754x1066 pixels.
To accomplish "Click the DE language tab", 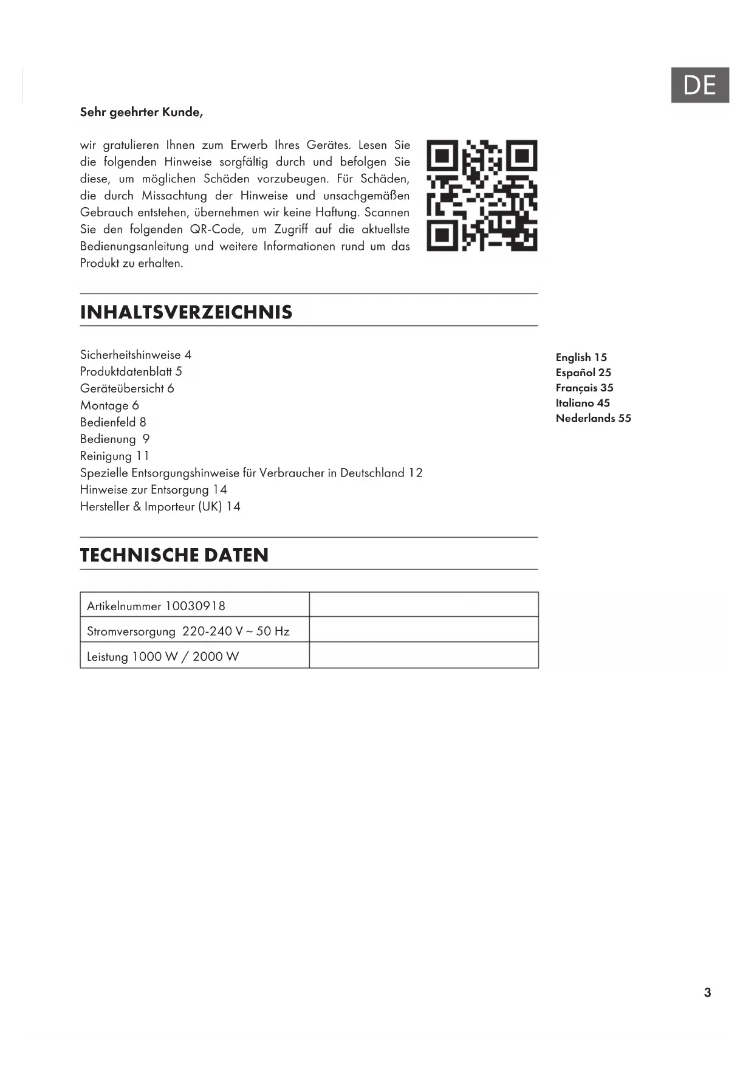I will click(x=699, y=85).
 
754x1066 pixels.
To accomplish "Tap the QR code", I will click(x=482, y=196).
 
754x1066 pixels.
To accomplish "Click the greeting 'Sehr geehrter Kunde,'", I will click(x=141, y=112).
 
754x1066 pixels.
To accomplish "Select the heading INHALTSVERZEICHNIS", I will click(x=186, y=312).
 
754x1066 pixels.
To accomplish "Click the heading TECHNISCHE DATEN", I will click(x=174, y=555).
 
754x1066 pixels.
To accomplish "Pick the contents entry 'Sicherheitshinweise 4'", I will click(x=135, y=355).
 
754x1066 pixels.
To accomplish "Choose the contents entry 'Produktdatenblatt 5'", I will click(x=131, y=371).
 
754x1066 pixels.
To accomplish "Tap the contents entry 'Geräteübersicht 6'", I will click(x=127, y=388).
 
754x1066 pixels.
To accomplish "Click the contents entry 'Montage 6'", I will click(x=109, y=405).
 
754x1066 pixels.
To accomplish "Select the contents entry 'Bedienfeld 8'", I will click(x=113, y=422).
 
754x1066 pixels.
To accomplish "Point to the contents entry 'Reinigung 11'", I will click(x=114, y=456).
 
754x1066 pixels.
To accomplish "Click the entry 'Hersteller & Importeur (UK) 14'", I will click(x=160, y=506).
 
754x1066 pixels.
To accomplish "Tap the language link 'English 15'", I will click(x=581, y=357).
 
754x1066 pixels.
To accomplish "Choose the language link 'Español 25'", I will click(x=583, y=373).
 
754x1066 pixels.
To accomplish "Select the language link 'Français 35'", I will click(x=584, y=388).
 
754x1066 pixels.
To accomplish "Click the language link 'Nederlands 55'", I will click(x=593, y=418).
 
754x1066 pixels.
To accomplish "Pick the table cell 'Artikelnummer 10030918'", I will click(x=156, y=606).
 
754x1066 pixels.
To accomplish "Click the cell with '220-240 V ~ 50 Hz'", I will click(x=188, y=631).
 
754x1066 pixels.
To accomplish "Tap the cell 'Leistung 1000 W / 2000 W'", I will click(x=163, y=656).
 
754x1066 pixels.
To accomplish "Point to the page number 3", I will click(x=707, y=992).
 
